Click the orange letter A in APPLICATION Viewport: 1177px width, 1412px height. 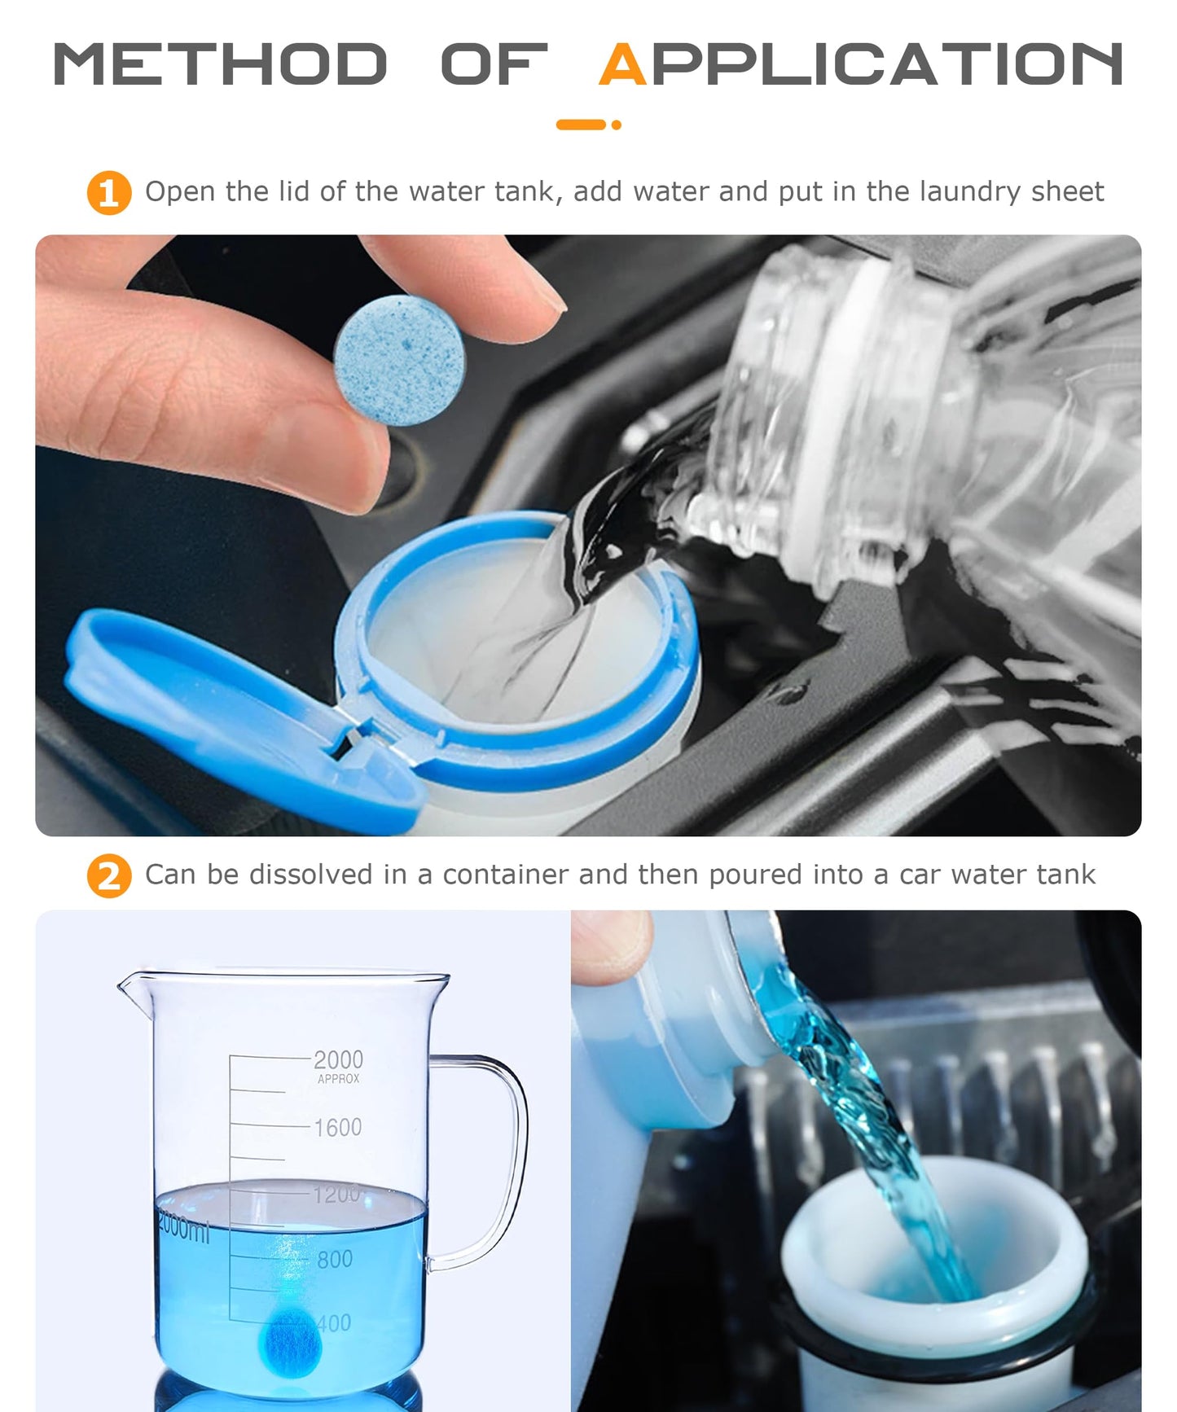pyautogui.click(x=623, y=65)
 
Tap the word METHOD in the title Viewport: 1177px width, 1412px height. pyautogui.click(x=219, y=65)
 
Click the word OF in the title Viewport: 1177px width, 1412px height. pyautogui.click(x=493, y=65)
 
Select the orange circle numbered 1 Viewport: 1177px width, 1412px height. pyautogui.click(x=108, y=193)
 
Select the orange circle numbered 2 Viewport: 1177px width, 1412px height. pyautogui.click(x=108, y=876)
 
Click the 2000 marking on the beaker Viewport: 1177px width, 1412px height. pyautogui.click(x=338, y=1059)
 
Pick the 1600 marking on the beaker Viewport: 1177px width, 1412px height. pyautogui.click(x=337, y=1128)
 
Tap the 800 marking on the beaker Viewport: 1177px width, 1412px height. pyautogui.click(x=335, y=1260)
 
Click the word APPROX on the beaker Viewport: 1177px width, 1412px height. pyautogui.click(x=338, y=1079)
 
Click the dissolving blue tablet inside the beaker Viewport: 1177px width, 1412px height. pyautogui.click(x=290, y=1344)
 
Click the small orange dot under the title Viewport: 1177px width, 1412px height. pyautogui.click(x=617, y=125)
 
